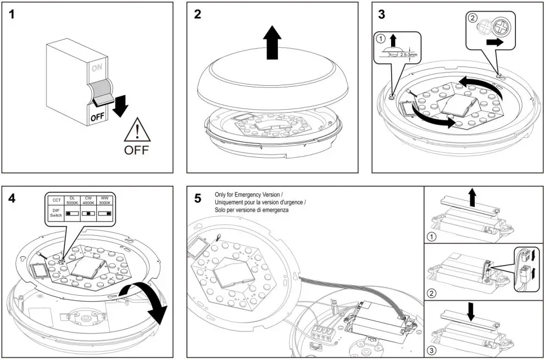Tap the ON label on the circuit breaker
click(97, 68)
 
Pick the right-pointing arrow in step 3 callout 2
click(496, 41)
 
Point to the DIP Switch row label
click(56, 213)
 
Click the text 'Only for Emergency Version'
click(248, 195)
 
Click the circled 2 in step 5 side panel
click(432, 293)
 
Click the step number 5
click(198, 198)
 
